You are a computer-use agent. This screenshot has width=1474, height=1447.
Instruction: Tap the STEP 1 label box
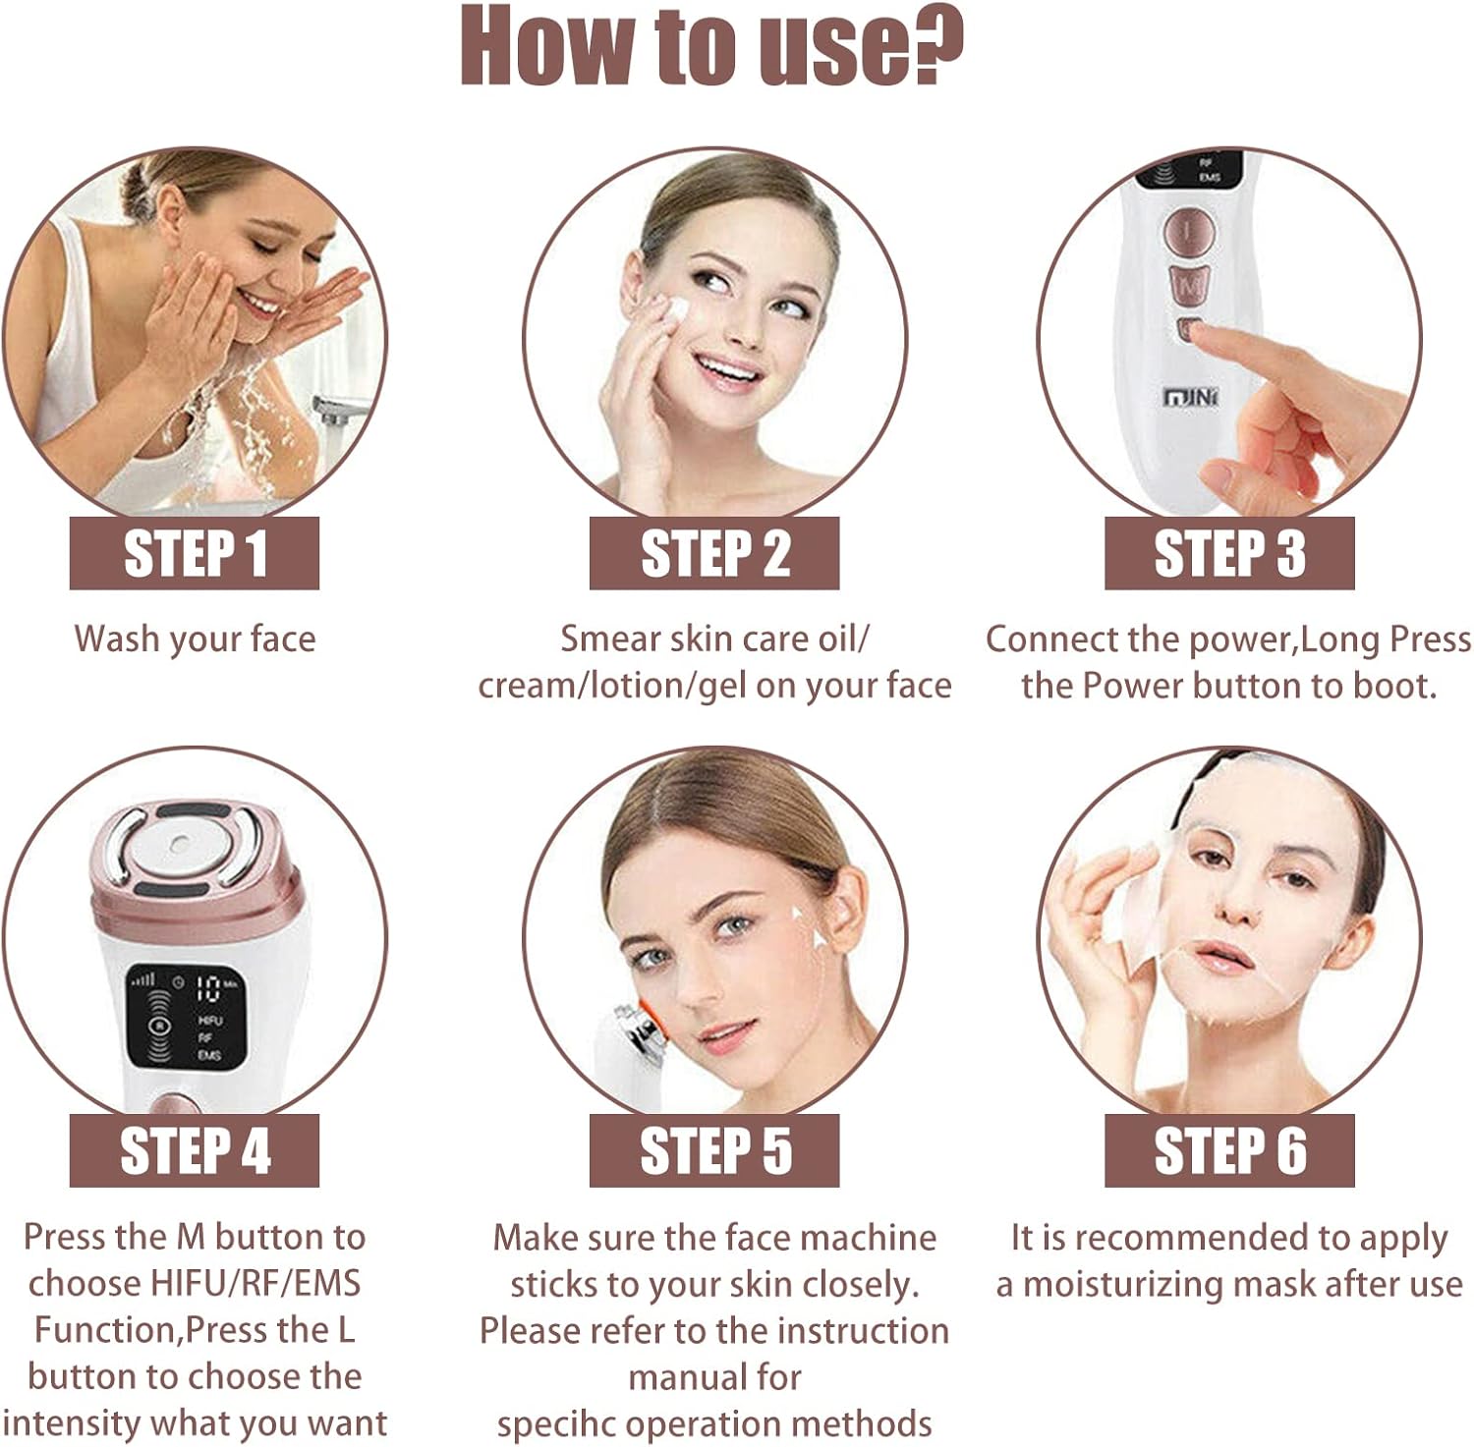pos(194,553)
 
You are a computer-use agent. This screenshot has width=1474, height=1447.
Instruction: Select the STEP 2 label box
pos(713,553)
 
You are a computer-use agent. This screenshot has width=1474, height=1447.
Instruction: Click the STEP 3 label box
pos(1228,553)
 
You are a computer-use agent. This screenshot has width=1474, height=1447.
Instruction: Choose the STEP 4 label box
pos(194,1150)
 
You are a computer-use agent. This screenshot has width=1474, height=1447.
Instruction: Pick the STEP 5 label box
pos(713,1150)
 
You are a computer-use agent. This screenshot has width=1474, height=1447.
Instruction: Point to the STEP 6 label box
pos(1228,1150)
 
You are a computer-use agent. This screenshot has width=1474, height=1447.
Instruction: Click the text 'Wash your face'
pos(195,640)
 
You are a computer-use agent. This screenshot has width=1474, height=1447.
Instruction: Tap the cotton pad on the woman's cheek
pos(674,306)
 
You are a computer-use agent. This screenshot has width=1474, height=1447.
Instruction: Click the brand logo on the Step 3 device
pos(1190,398)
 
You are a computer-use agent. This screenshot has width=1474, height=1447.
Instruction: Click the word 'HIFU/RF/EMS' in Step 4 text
pos(255,1283)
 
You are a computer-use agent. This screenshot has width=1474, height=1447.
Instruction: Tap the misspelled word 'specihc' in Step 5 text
pos(556,1423)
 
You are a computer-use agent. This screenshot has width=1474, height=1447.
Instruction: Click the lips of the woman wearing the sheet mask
pos(1221,955)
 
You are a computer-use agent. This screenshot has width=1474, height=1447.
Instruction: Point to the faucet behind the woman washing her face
pos(339,408)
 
